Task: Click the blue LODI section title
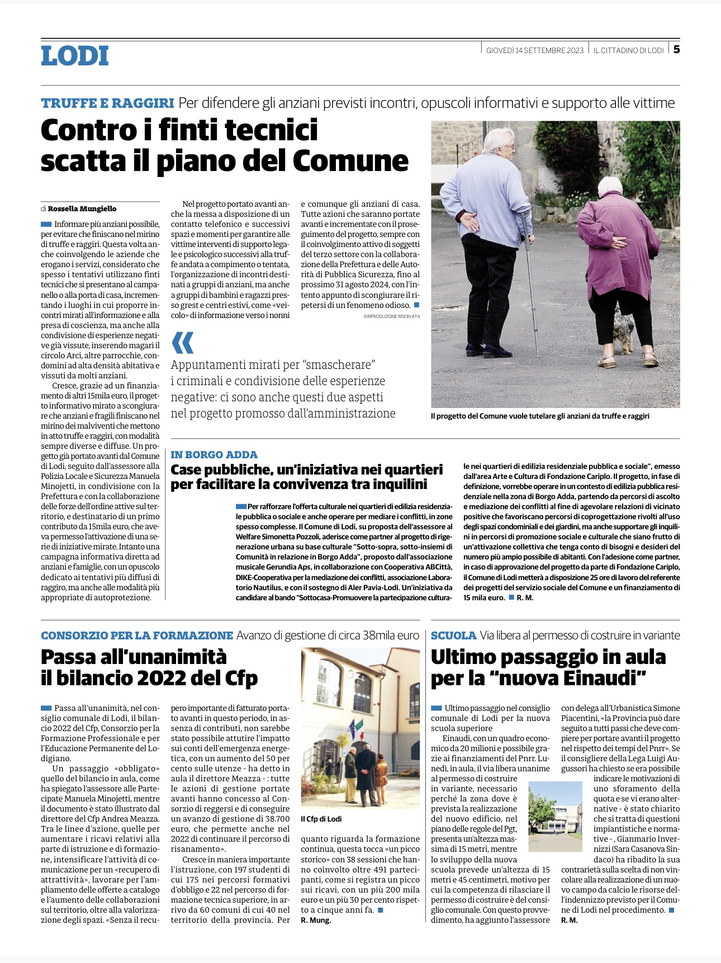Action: point(75,56)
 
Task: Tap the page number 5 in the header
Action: point(676,49)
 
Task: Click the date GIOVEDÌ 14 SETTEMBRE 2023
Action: point(534,50)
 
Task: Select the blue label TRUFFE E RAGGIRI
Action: point(107,103)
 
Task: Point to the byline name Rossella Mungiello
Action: point(82,208)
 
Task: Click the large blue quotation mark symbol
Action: point(183,342)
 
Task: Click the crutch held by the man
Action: point(529,279)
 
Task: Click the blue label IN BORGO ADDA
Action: point(214,454)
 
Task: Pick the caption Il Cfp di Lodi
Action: point(321,819)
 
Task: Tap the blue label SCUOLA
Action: point(453,635)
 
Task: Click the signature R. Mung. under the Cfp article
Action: point(316,921)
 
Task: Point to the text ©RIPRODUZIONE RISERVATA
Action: point(391,316)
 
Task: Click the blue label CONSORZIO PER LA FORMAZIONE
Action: point(137,635)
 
